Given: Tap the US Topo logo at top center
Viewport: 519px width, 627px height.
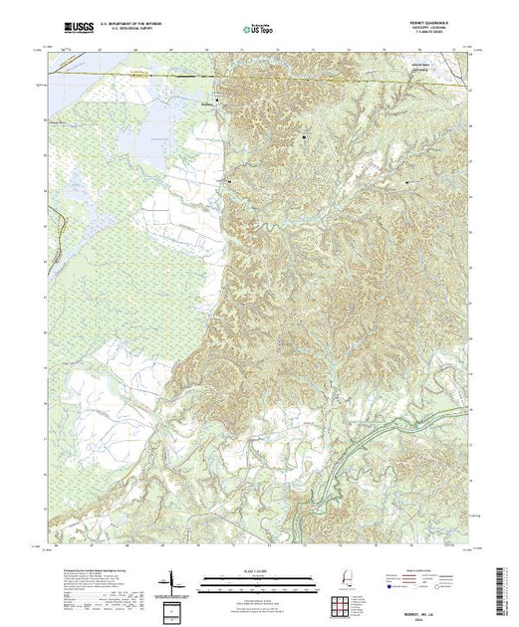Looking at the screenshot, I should [x=257, y=29].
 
